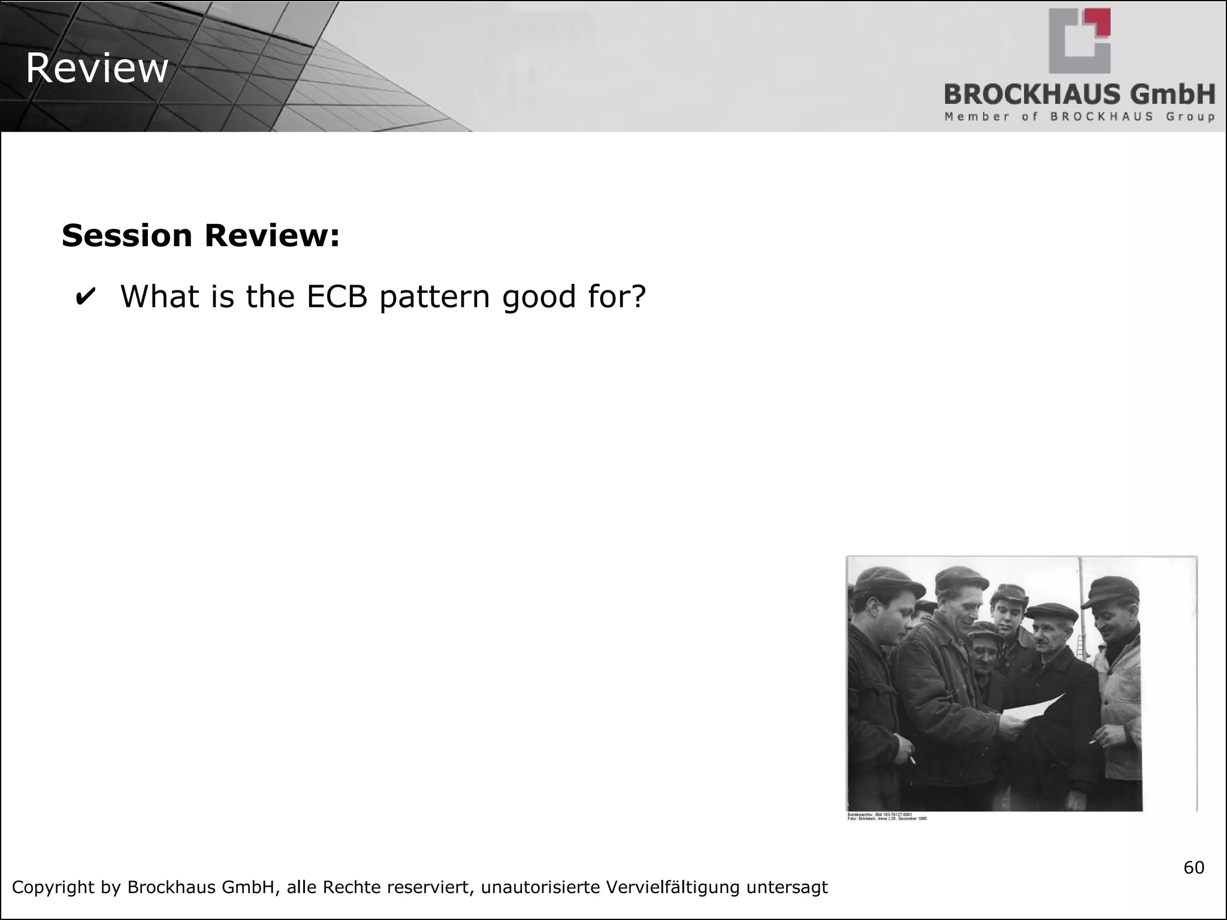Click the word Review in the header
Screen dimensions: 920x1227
point(97,69)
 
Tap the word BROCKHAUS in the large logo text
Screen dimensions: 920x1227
point(1032,95)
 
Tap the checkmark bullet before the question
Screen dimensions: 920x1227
point(85,297)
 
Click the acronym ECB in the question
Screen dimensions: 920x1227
point(337,296)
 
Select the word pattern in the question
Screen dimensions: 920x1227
point(435,298)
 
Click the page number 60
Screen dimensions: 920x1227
point(1193,867)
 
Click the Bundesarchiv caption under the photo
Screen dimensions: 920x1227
point(887,817)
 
